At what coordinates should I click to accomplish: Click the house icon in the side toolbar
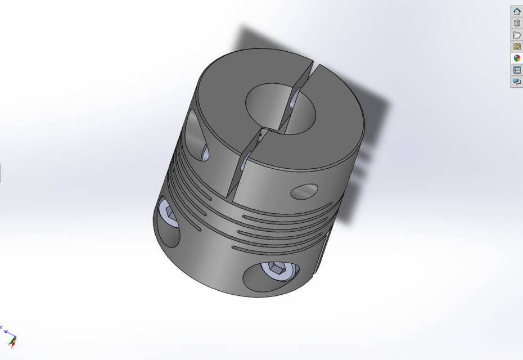[x=517, y=11]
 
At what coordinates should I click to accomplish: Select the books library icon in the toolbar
[x=517, y=23]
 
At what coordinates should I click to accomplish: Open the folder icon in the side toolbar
[x=517, y=35]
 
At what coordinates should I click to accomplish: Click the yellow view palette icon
[x=517, y=47]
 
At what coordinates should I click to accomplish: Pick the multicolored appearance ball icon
[x=517, y=58]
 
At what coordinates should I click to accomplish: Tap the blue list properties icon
[x=517, y=70]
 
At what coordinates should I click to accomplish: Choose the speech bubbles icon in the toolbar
[x=517, y=82]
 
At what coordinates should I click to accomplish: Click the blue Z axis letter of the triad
[x=2, y=327]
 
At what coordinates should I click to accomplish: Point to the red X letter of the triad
[x=12, y=346]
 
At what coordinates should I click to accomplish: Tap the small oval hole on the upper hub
[x=304, y=191]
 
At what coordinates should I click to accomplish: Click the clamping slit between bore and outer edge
[x=247, y=163]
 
